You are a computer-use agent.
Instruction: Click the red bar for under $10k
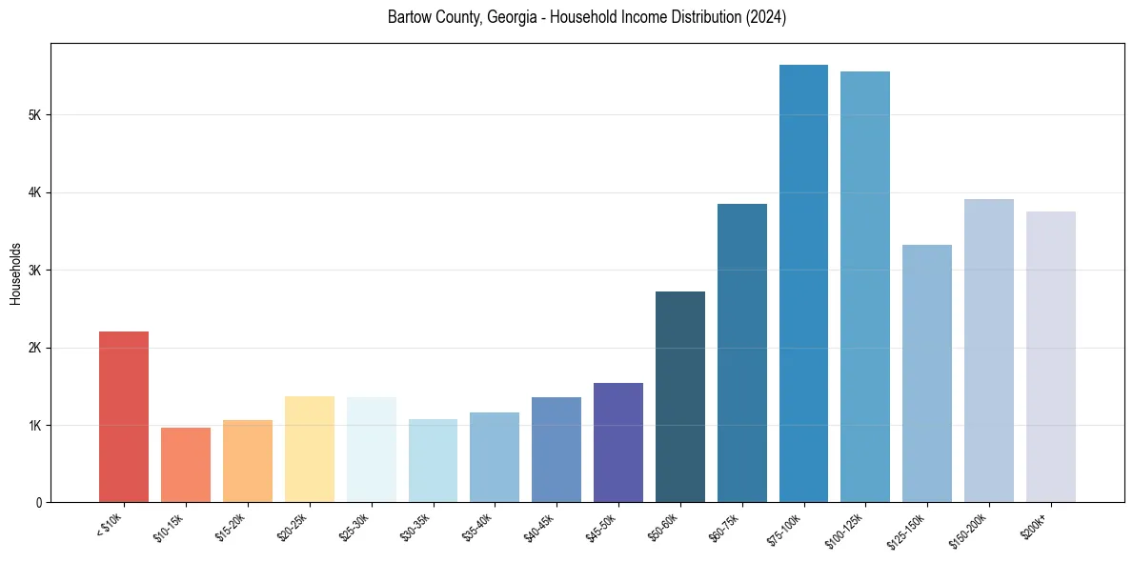tap(124, 416)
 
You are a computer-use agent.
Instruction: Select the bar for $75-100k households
tap(803, 283)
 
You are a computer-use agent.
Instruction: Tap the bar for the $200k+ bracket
tap(1051, 356)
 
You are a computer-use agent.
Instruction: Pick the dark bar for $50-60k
tap(680, 396)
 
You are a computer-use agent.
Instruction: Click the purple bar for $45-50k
tap(618, 442)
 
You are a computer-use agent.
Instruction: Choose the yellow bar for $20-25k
tap(310, 449)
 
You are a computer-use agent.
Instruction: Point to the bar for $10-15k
tap(186, 465)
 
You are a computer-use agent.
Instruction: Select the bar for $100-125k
tap(865, 286)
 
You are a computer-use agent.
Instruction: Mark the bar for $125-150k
tap(927, 373)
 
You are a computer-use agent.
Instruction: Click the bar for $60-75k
tap(742, 352)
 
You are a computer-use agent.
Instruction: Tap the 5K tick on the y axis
tap(33, 115)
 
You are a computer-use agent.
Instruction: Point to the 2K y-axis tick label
tap(33, 348)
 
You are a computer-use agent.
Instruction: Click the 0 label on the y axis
tap(38, 502)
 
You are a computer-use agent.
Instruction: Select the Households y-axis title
tap(16, 273)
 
